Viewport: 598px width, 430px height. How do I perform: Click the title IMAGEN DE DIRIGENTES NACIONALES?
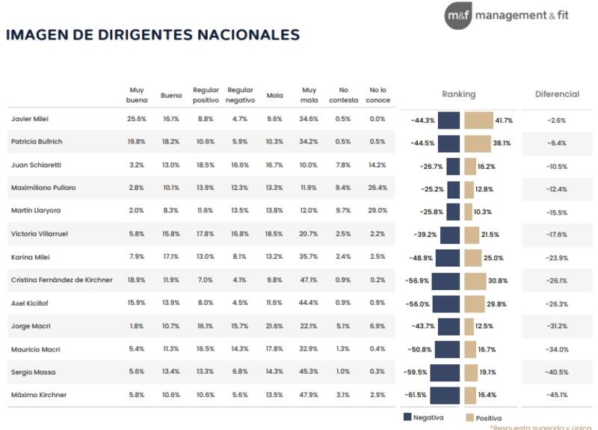[152, 35]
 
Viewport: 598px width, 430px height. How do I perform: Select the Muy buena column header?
[136, 94]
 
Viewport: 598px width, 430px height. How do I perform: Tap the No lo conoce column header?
[377, 94]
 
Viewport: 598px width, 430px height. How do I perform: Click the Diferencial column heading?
[557, 94]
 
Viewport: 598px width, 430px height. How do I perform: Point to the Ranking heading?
[458, 94]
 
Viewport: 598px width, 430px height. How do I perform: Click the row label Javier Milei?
[30, 119]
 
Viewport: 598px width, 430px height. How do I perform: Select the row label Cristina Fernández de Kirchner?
[62, 280]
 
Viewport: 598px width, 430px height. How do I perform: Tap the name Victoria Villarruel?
[40, 234]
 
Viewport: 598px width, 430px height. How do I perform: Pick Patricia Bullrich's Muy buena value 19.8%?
[136, 142]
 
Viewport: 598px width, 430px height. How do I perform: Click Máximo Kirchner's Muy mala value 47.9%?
[309, 395]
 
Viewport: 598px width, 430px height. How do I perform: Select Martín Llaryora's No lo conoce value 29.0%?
[377, 211]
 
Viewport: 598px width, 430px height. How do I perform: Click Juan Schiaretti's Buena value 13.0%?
[171, 165]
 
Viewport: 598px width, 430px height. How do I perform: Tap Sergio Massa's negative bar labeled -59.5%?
[445, 372]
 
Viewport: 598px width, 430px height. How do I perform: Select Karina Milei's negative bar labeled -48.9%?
[448, 258]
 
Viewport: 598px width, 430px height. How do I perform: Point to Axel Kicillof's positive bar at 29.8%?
[474, 304]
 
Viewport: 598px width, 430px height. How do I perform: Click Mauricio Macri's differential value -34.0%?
[557, 349]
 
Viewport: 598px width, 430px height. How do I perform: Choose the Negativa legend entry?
[424, 418]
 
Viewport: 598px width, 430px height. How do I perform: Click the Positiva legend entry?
[482, 418]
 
